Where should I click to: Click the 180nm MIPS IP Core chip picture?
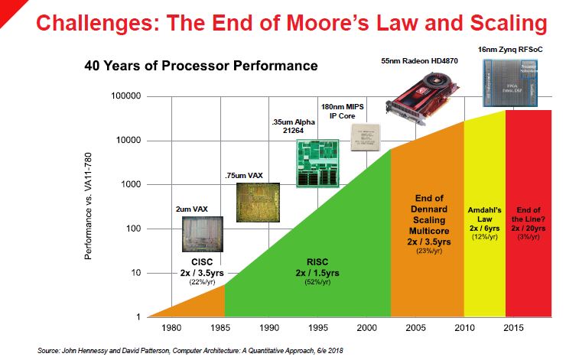point(365,137)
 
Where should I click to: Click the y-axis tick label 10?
point(132,273)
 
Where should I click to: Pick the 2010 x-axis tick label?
point(464,329)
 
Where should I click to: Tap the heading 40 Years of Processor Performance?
point(200,66)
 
